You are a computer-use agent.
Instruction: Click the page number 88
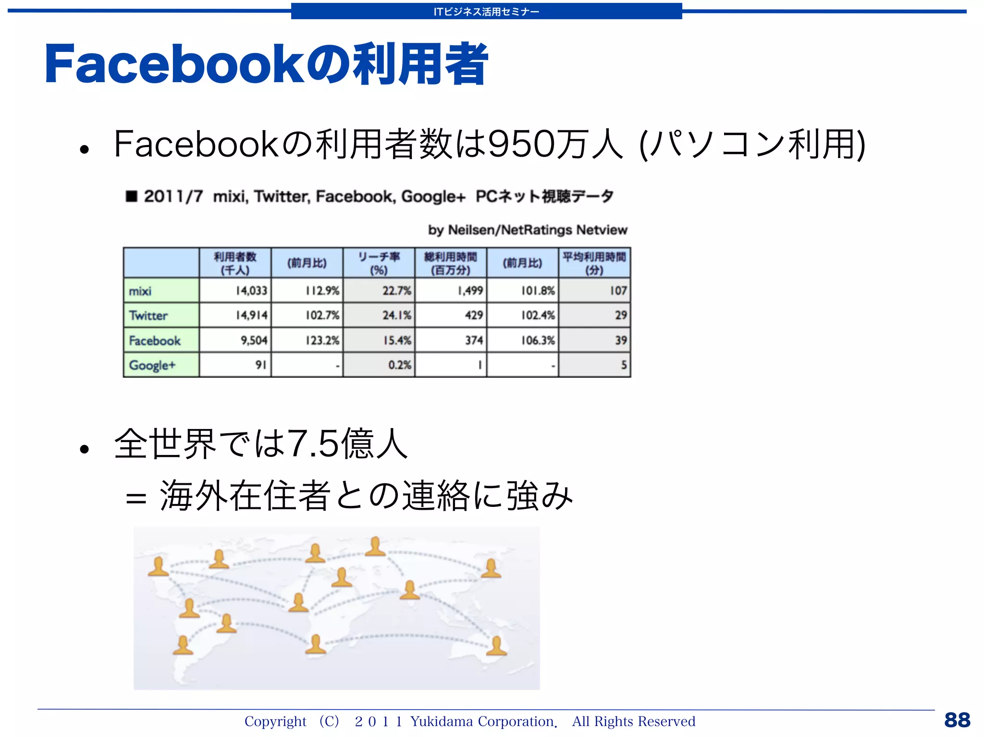point(957,720)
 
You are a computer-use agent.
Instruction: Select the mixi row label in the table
point(140,291)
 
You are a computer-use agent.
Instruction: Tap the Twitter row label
point(148,316)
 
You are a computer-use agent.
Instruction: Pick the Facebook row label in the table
point(155,341)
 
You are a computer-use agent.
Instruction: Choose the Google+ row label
point(152,365)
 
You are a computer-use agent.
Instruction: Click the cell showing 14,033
point(251,291)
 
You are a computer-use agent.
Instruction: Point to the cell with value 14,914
point(251,315)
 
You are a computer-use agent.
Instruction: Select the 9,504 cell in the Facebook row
point(254,340)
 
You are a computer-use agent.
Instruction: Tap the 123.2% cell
point(322,340)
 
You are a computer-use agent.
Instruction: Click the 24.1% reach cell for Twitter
point(396,315)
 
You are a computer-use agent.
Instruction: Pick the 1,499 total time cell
point(470,291)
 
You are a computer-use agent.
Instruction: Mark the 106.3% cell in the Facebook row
point(538,340)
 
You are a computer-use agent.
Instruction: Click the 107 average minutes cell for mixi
point(618,291)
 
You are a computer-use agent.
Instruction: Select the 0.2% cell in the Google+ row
point(399,365)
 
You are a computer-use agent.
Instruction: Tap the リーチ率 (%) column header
point(379,263)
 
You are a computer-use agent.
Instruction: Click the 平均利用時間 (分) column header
point(594,263)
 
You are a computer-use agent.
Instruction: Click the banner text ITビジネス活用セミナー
point(486,12)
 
